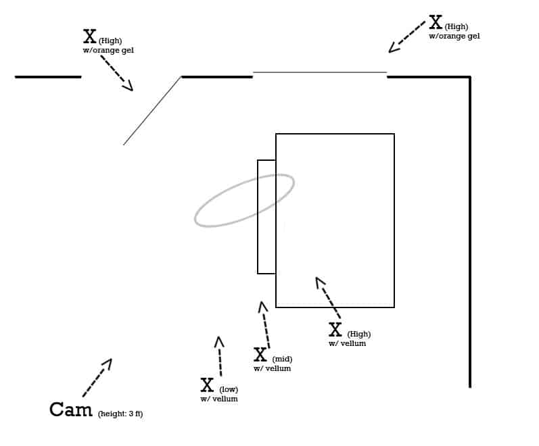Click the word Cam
[x=70, y=410]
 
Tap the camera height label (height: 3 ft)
[x=120, y=414]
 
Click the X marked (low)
[x=207, y=385]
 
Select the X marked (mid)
[x=260, y=355]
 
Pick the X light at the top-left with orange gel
[x=89, y=36]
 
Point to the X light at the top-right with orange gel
[x=436, y=22]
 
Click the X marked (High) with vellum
[x=335, y=330]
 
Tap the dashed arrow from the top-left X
[x=116, y=72]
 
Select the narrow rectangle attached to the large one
[x=266, y=217]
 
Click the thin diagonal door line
[x=152, y=110]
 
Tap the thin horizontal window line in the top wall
[x=319, y=72]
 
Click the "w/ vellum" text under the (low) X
[x=218, y=399]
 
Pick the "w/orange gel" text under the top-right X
[x=454, y=36]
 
